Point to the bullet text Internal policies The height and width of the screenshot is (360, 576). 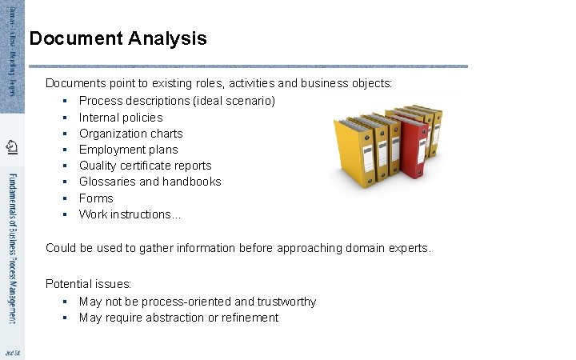pyautogui.click(x=120, y=118)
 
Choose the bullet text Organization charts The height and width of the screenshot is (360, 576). pyautogui.click(x=130, y=134)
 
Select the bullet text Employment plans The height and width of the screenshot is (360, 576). pyautogui.click(x=128, y=150)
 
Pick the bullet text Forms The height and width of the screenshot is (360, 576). pyautogui.click(x=96, y=198)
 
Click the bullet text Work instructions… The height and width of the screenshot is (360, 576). pyautogui.click(x=130, y=214)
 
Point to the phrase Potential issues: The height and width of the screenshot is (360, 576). pyautogui.click(x=89, y=284)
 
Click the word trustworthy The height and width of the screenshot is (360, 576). pyautogui.click(x=286, y=302)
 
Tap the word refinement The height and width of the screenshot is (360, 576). pyautogui.click(x=248, y=318)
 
